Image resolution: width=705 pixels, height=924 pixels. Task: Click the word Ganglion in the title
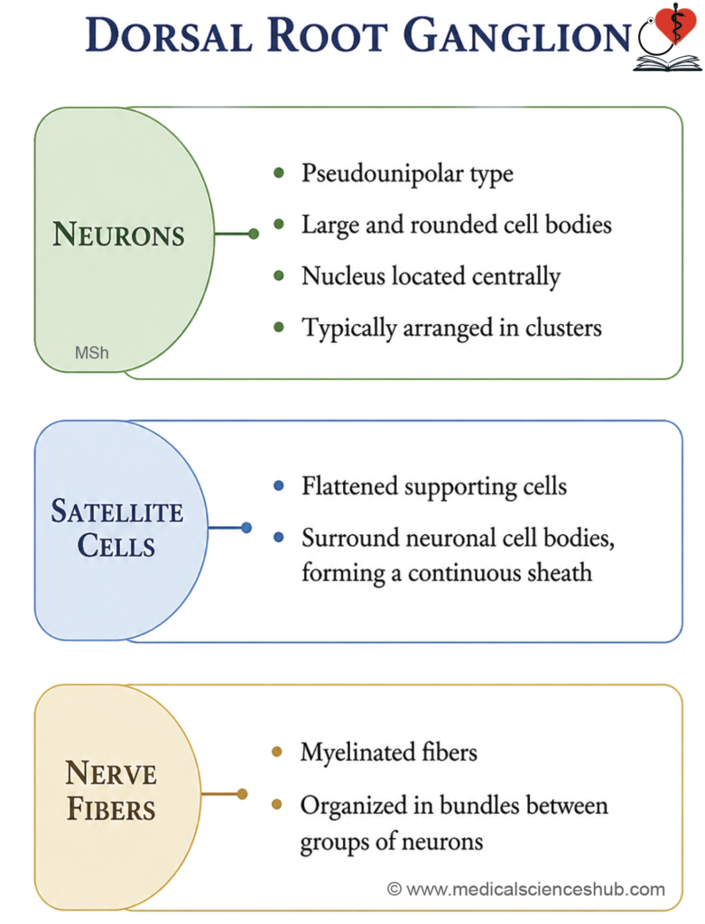(x=517, y=35)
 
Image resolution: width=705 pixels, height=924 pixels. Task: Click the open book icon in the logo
(x=668, y=63)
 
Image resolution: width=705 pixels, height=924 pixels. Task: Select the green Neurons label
(x=118, y=234)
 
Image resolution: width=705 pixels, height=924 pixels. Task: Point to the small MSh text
(x=92, y=353)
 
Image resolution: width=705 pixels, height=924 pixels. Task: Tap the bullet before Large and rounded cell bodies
(x=279, y=224)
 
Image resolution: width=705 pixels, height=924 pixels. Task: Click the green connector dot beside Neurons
(x=254, y=234)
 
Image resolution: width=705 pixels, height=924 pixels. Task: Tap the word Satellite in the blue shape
(x=116, y=511)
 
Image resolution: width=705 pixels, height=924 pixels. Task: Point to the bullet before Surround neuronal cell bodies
(x=279, y=538)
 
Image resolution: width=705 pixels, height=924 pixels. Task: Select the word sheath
(x=560, y=572)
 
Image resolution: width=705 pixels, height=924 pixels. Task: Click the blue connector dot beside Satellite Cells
(x=246, y=527)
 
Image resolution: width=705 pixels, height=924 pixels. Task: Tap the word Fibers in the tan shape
(x=111, y=808)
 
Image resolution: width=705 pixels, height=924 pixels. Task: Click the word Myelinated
(x=357, y=753)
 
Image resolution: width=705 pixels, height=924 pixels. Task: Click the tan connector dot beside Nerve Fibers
(x=242, y=794)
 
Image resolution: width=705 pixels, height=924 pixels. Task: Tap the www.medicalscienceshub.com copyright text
(x=526, y=889)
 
